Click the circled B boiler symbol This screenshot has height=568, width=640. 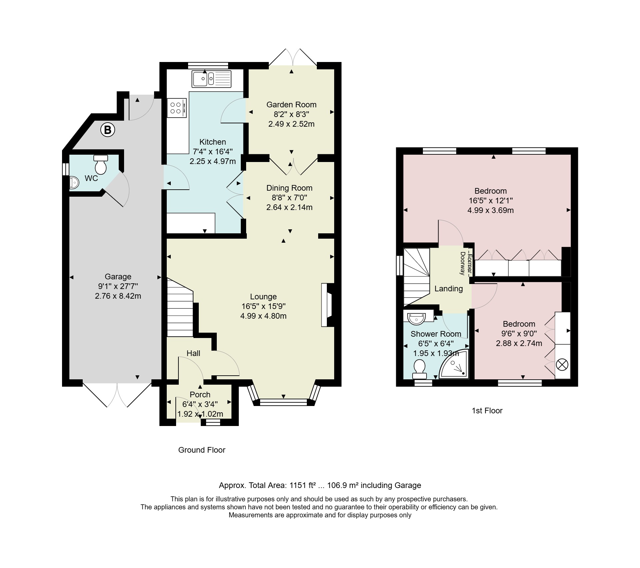tap(108, 130)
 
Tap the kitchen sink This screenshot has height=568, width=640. tap(211, 79)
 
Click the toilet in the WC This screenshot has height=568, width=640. tap(101, 164)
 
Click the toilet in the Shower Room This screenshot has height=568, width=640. tap(420, 369)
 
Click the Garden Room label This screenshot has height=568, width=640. tap(291, 105)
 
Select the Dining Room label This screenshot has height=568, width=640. tap(289, 188)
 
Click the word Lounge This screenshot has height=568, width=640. tap(263, 297)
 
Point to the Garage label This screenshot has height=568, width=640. tap(118, 277)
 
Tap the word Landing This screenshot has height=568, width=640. tap(449, 289)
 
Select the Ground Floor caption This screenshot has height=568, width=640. tap(202, 450)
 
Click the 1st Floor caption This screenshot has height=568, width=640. tap(487, 411)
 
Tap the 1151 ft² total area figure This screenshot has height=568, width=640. tap(302, 485)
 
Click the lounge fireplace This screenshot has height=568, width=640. tap(328, 305)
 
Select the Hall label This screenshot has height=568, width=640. tap(193, 353)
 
